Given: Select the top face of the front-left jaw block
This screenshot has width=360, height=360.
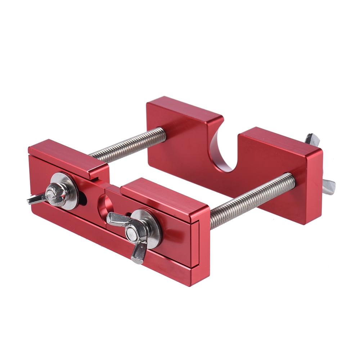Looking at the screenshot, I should (x=68, y=158).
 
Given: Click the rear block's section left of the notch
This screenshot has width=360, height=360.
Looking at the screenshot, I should (x=180, y=140).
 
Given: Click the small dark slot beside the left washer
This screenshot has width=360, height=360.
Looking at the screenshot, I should (x=83, y=196).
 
